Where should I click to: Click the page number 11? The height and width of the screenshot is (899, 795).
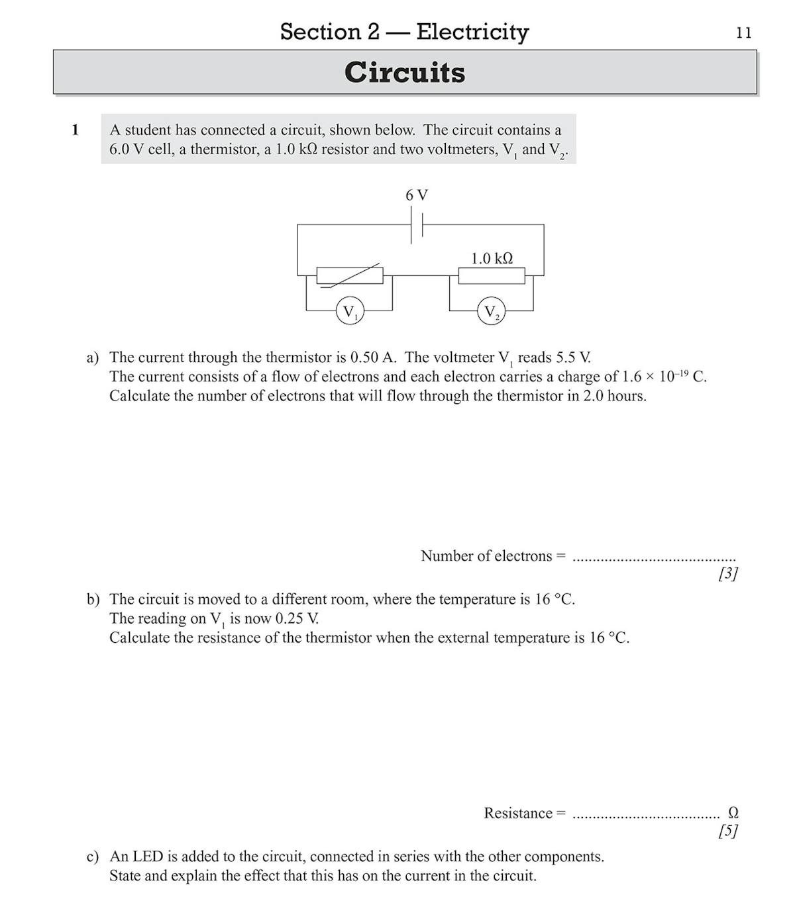(743, 33)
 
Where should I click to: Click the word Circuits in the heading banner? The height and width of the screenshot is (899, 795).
(404, 72)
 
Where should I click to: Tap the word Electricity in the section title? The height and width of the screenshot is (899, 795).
(472, 31)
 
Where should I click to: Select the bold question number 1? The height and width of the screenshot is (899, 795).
(75, 130)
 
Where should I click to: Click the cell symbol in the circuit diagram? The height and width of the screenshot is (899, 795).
(417, 225)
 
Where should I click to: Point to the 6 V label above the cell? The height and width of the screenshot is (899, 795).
(417, 195)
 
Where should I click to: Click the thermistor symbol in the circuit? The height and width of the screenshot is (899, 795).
(350, 275)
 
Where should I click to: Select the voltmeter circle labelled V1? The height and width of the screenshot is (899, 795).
(348, 310)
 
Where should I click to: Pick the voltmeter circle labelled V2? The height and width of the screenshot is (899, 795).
(491, 311)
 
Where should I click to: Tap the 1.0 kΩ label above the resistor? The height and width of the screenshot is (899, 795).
(492, 258)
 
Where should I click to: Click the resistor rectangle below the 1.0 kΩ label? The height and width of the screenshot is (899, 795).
(492, 275)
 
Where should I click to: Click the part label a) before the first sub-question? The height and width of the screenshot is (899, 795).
(93, 357)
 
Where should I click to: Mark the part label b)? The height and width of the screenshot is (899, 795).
(93, 599)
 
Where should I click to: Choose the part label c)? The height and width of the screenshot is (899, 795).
(93, 857)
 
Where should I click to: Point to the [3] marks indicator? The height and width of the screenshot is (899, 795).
(727, 573)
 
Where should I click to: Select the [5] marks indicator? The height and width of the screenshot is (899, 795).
(727, 831)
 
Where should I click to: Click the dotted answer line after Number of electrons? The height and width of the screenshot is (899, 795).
(653, 557)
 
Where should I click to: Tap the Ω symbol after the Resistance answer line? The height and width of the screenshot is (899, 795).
(733, 812)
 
